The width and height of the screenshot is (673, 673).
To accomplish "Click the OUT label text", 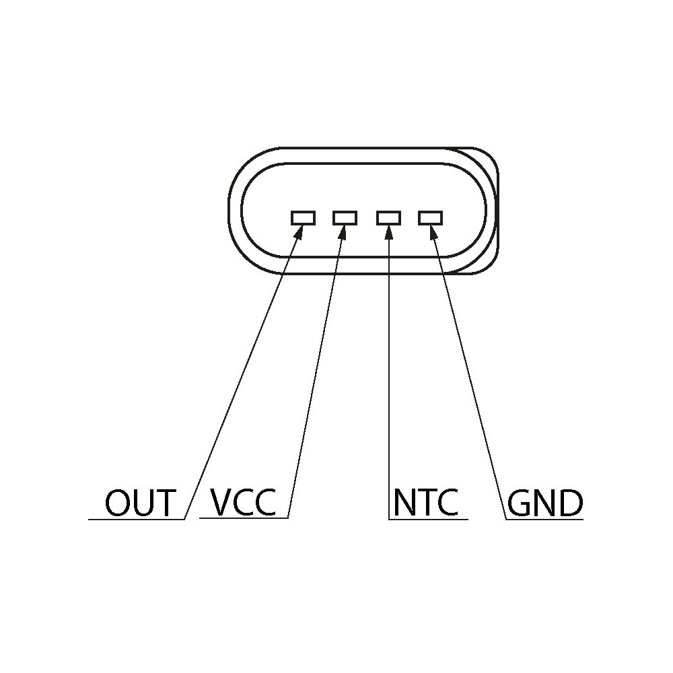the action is pyautogui.click(x=141, y=502).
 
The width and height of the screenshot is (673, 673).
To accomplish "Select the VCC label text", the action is pyautogui.click(x=242, y=502).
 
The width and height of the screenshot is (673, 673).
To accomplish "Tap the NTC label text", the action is pyautogui.click(x=426, y=502).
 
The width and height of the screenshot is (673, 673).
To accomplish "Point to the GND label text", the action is pyautogui.click(x=545, y=502).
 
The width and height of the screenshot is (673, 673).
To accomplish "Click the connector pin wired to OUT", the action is pyautogui.click(x=303, y=218).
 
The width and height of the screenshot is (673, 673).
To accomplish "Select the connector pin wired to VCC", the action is pyautogui.click(x=345, y=218).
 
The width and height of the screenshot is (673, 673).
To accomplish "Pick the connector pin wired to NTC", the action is pyautogui.click(x=388, y=218).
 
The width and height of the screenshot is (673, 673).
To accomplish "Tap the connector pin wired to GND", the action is pyautogui.click(x=431, y=218).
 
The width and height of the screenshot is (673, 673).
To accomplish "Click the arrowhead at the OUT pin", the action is pyautogui.click(x=299, y=232).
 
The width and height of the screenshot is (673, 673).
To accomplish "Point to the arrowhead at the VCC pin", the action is pyautogui.click(x=343, y=232).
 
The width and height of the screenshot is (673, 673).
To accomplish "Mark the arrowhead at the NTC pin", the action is pyautogui.click(x=388, y=232).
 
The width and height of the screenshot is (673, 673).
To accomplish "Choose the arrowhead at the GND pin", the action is pyautogui.click(x=433, y=232).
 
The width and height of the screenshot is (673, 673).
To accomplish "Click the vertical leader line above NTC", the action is pyautogui.click(x=388, y=373).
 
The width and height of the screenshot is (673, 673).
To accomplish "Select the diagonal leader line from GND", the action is pyautogui.click(x=468, y=373).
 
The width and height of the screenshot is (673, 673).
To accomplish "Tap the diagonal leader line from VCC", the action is pyautogui.click(x=316, y=373).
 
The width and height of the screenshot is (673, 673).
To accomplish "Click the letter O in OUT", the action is pyautogui.click(x=116, y=502).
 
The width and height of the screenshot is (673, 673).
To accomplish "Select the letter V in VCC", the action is pyautogui.click(x=221, y=502).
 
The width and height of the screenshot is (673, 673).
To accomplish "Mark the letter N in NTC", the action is pyautogui.click(x=404, y=502).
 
